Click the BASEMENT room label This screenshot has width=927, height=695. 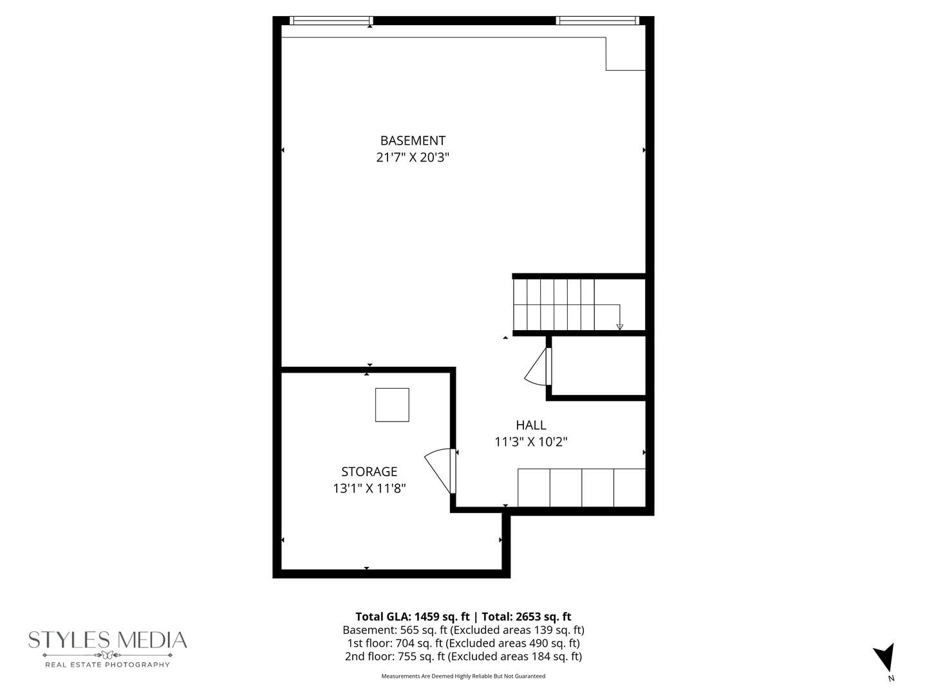(x=413, y=140)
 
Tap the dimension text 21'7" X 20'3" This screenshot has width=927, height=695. (x=413, y=158)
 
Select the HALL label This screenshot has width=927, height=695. (x=530, y=425)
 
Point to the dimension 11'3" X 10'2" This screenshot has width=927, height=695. (x=530, y=442)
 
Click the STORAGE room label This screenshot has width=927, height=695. (x=369, y=472)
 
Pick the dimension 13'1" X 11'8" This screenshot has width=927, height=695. (x=369, y=488)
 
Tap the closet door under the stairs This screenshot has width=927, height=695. (x=538, y=368)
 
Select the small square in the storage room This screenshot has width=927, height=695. (x=392, y=405)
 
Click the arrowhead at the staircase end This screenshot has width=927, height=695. (x=619, y=327)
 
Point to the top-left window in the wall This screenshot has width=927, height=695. (x=331, y=21)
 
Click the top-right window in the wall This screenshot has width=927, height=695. (x=597, y=21)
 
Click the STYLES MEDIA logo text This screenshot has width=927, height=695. (x=108, y=640)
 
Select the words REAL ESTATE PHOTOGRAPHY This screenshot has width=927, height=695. (x=108, y=665)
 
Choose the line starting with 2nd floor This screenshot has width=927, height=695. (x=464, y=656)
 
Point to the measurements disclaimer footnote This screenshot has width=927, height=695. (x=464, y=676)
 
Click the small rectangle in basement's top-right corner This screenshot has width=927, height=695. (x=626, y=54)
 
